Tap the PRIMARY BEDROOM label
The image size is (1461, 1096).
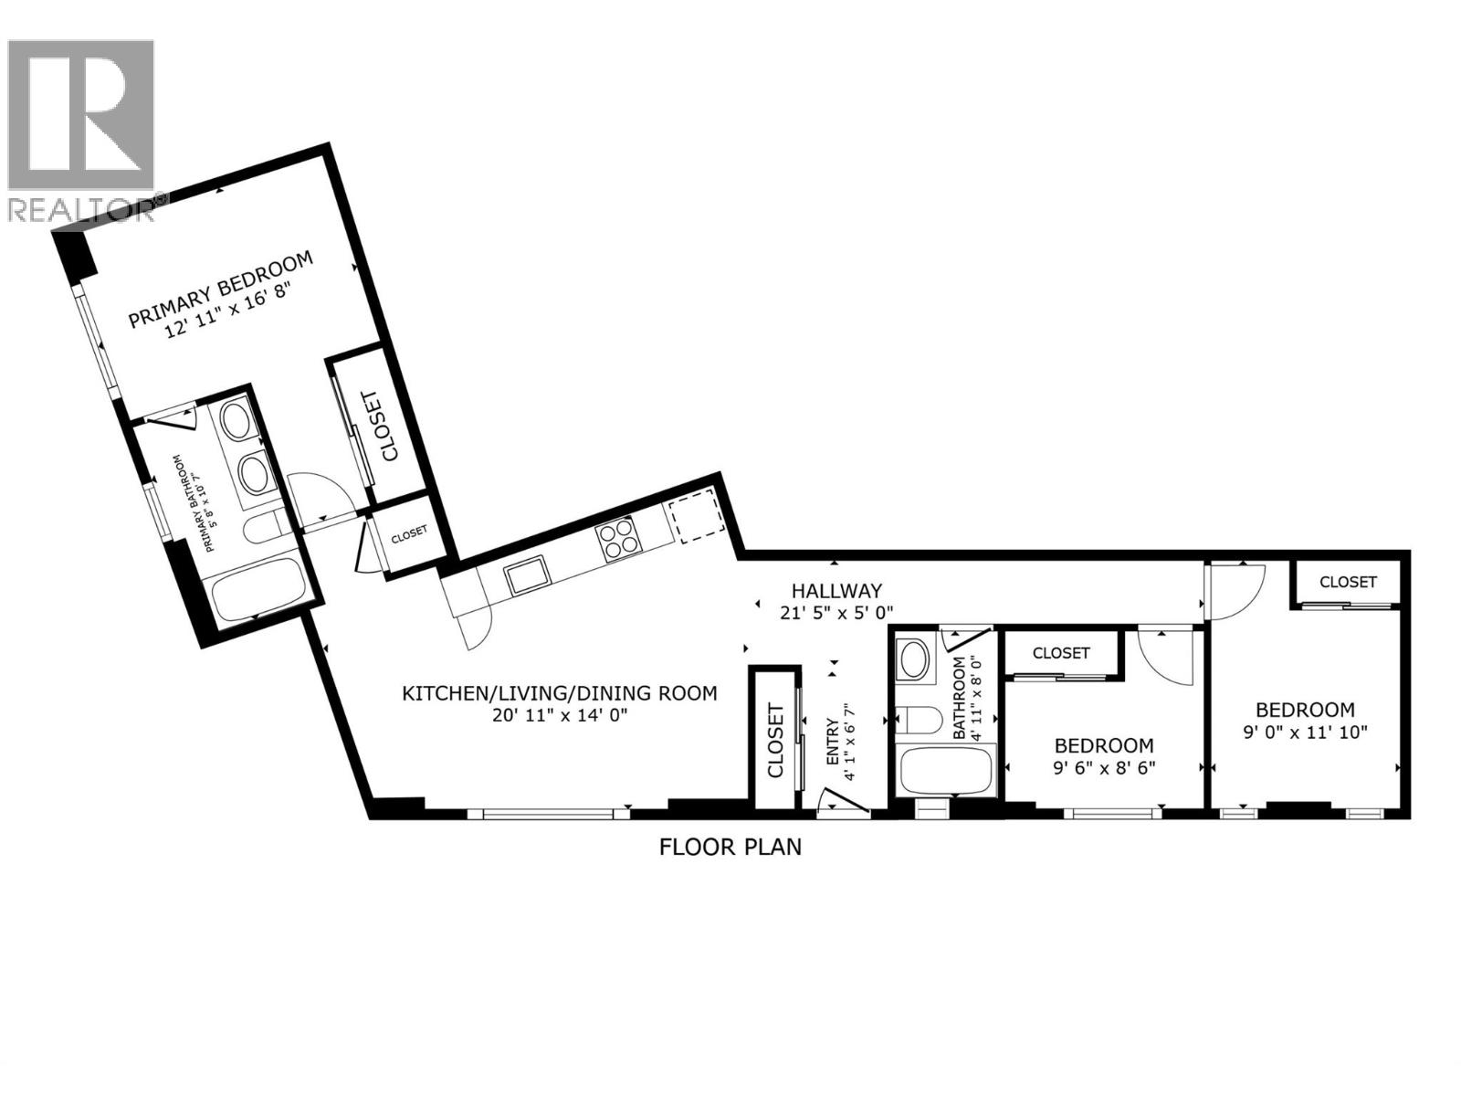pos(220,289)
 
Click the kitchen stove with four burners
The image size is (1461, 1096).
pos(618,539)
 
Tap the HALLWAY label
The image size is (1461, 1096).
pos(836,591)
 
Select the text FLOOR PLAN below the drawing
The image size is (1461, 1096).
pos(730,848)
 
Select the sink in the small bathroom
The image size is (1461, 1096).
pos(912,659)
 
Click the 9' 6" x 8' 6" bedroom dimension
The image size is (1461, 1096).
pos(1104,768)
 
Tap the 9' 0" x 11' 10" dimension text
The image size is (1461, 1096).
pos(1304,732)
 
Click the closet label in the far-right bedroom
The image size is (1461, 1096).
pos(1348,582)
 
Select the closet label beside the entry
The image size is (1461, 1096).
pos(775,739)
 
